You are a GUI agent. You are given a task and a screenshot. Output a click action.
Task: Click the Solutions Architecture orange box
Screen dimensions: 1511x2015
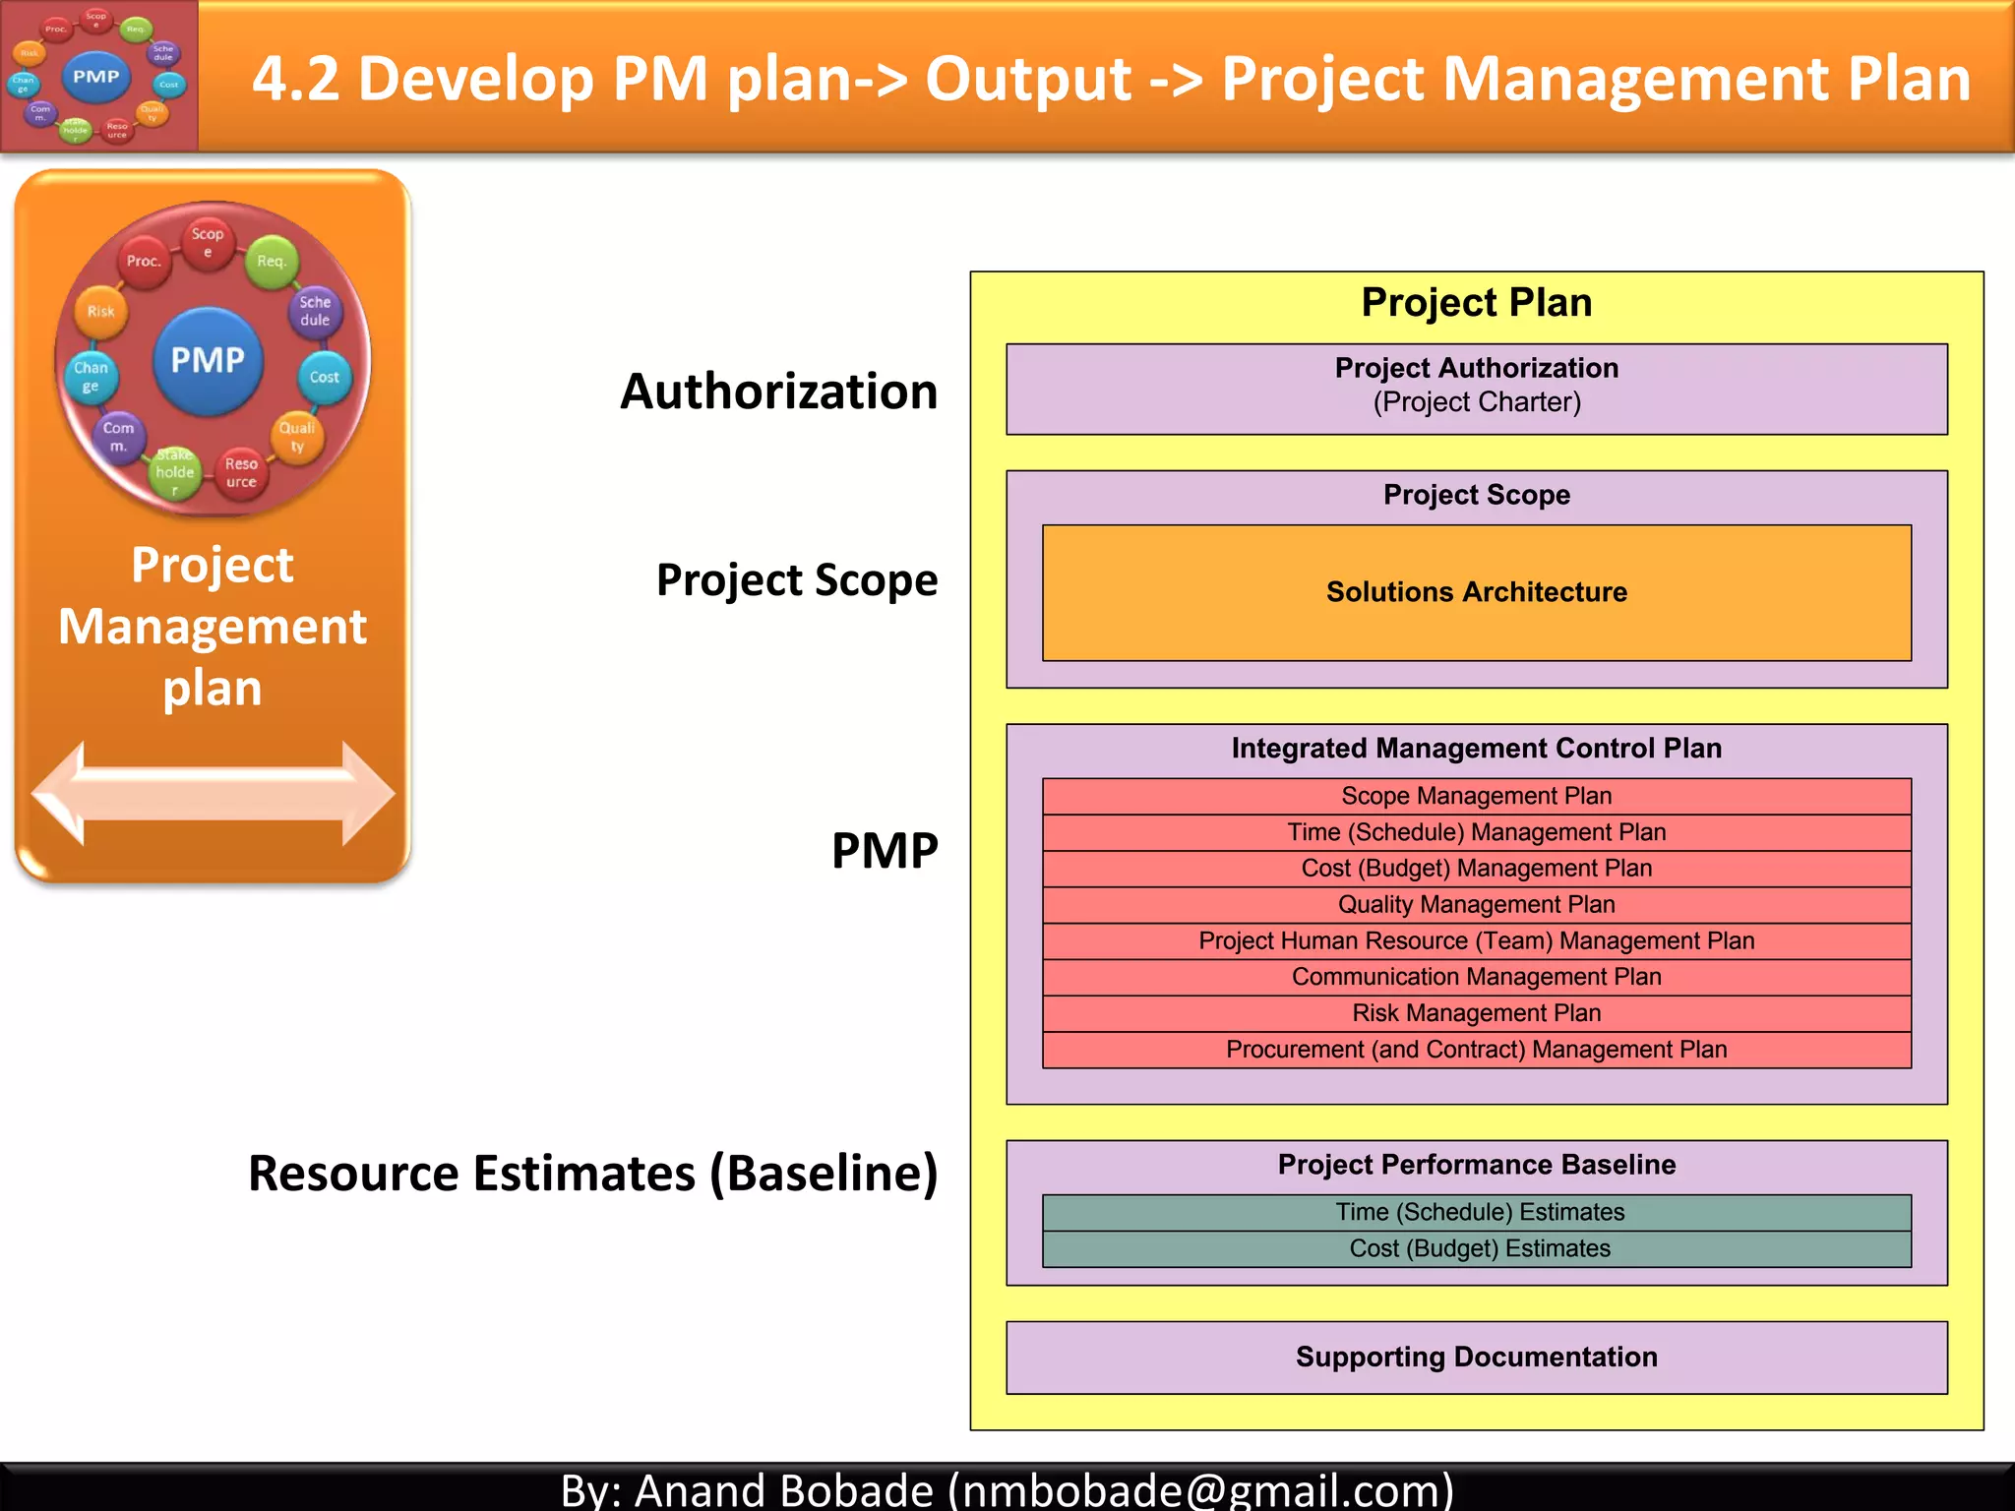click(x=1476, y=592)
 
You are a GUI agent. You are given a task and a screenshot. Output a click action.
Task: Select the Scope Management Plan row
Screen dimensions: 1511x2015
click(x=1476, y=796)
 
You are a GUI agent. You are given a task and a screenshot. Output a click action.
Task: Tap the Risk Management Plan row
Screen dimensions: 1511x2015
click(x=1476, y=1013)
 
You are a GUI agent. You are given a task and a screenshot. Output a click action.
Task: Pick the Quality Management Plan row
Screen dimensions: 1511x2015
click(x=1476, y=905)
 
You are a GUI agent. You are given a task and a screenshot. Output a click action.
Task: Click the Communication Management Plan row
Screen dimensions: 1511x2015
click(x=1476, y=977)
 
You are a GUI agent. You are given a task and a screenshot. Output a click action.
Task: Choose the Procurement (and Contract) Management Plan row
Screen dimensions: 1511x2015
click(x=1476, y=1050)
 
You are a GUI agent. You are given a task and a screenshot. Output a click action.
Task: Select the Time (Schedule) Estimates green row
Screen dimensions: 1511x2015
click(x=1476, y=1212)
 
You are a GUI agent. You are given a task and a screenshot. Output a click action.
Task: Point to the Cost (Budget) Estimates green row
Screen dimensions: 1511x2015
click(x=1476, y=1248)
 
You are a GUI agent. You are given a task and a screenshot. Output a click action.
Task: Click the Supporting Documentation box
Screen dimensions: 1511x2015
click(x=1476, y=1358)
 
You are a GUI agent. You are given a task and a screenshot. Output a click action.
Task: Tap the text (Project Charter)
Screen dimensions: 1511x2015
click(x=1476, y=402)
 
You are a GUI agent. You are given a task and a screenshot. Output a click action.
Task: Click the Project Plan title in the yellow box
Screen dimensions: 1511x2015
click(x=1476, y=303)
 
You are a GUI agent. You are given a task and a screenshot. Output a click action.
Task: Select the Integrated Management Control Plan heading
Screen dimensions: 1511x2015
click(x=1476, y=749)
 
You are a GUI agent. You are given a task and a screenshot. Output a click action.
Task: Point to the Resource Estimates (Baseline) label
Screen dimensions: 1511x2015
click(x=592, y=1174)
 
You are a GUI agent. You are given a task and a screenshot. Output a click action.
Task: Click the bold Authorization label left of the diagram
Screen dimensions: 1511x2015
click(x=778, y=392)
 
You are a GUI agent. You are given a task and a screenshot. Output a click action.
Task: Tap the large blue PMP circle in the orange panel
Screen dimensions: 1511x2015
click(x=208, y=360)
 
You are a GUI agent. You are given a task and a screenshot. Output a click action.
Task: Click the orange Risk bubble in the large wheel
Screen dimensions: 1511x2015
click(x=100, y=312)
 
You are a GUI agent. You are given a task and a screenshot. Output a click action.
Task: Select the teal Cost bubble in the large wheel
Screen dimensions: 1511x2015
click(x=324, y=377)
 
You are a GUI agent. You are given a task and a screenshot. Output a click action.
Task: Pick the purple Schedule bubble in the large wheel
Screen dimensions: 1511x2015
click(x=315, y=311)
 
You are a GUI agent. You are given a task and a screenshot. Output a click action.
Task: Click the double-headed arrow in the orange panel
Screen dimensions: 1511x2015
click(x=213, y=793)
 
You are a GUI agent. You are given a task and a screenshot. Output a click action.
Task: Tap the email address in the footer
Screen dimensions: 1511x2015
click(x=1200, y=1489)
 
